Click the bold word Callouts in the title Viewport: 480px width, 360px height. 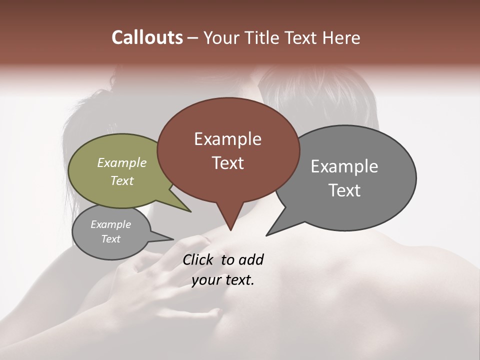147,37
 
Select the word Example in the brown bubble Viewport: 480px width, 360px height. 227,139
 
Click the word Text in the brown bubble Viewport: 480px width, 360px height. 227,163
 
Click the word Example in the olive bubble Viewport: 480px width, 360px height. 121,163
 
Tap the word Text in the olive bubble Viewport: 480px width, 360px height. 121,180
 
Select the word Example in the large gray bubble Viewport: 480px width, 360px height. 344,166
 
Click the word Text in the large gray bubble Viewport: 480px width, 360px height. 344,190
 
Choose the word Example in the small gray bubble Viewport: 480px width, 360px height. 110,224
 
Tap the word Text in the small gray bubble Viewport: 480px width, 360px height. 110,239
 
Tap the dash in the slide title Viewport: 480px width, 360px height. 193,38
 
